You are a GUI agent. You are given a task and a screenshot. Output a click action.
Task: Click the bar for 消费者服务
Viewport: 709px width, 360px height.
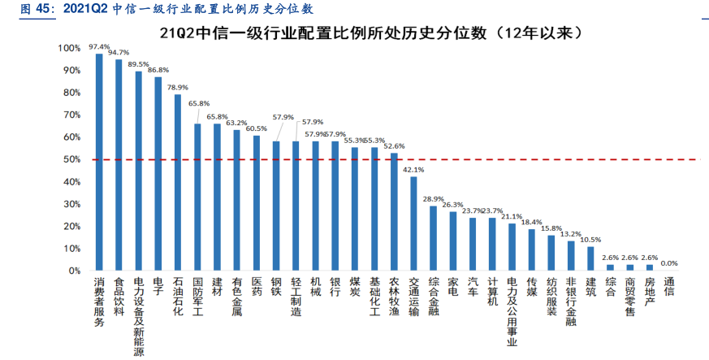(99, 163)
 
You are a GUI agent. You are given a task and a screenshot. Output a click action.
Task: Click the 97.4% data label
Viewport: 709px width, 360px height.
(99, 47)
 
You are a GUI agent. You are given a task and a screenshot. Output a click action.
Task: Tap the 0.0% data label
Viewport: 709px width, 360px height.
(669, 263)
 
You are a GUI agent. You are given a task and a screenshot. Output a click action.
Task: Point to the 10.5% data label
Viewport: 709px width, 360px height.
(591, 240)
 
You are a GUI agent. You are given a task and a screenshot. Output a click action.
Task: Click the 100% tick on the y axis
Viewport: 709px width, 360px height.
(70, 50)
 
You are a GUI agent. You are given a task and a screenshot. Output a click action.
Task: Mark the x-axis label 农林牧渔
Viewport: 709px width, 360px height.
(394, 297)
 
